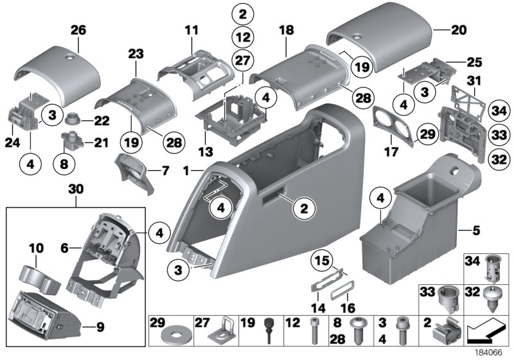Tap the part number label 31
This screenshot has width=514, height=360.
point(474,80)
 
